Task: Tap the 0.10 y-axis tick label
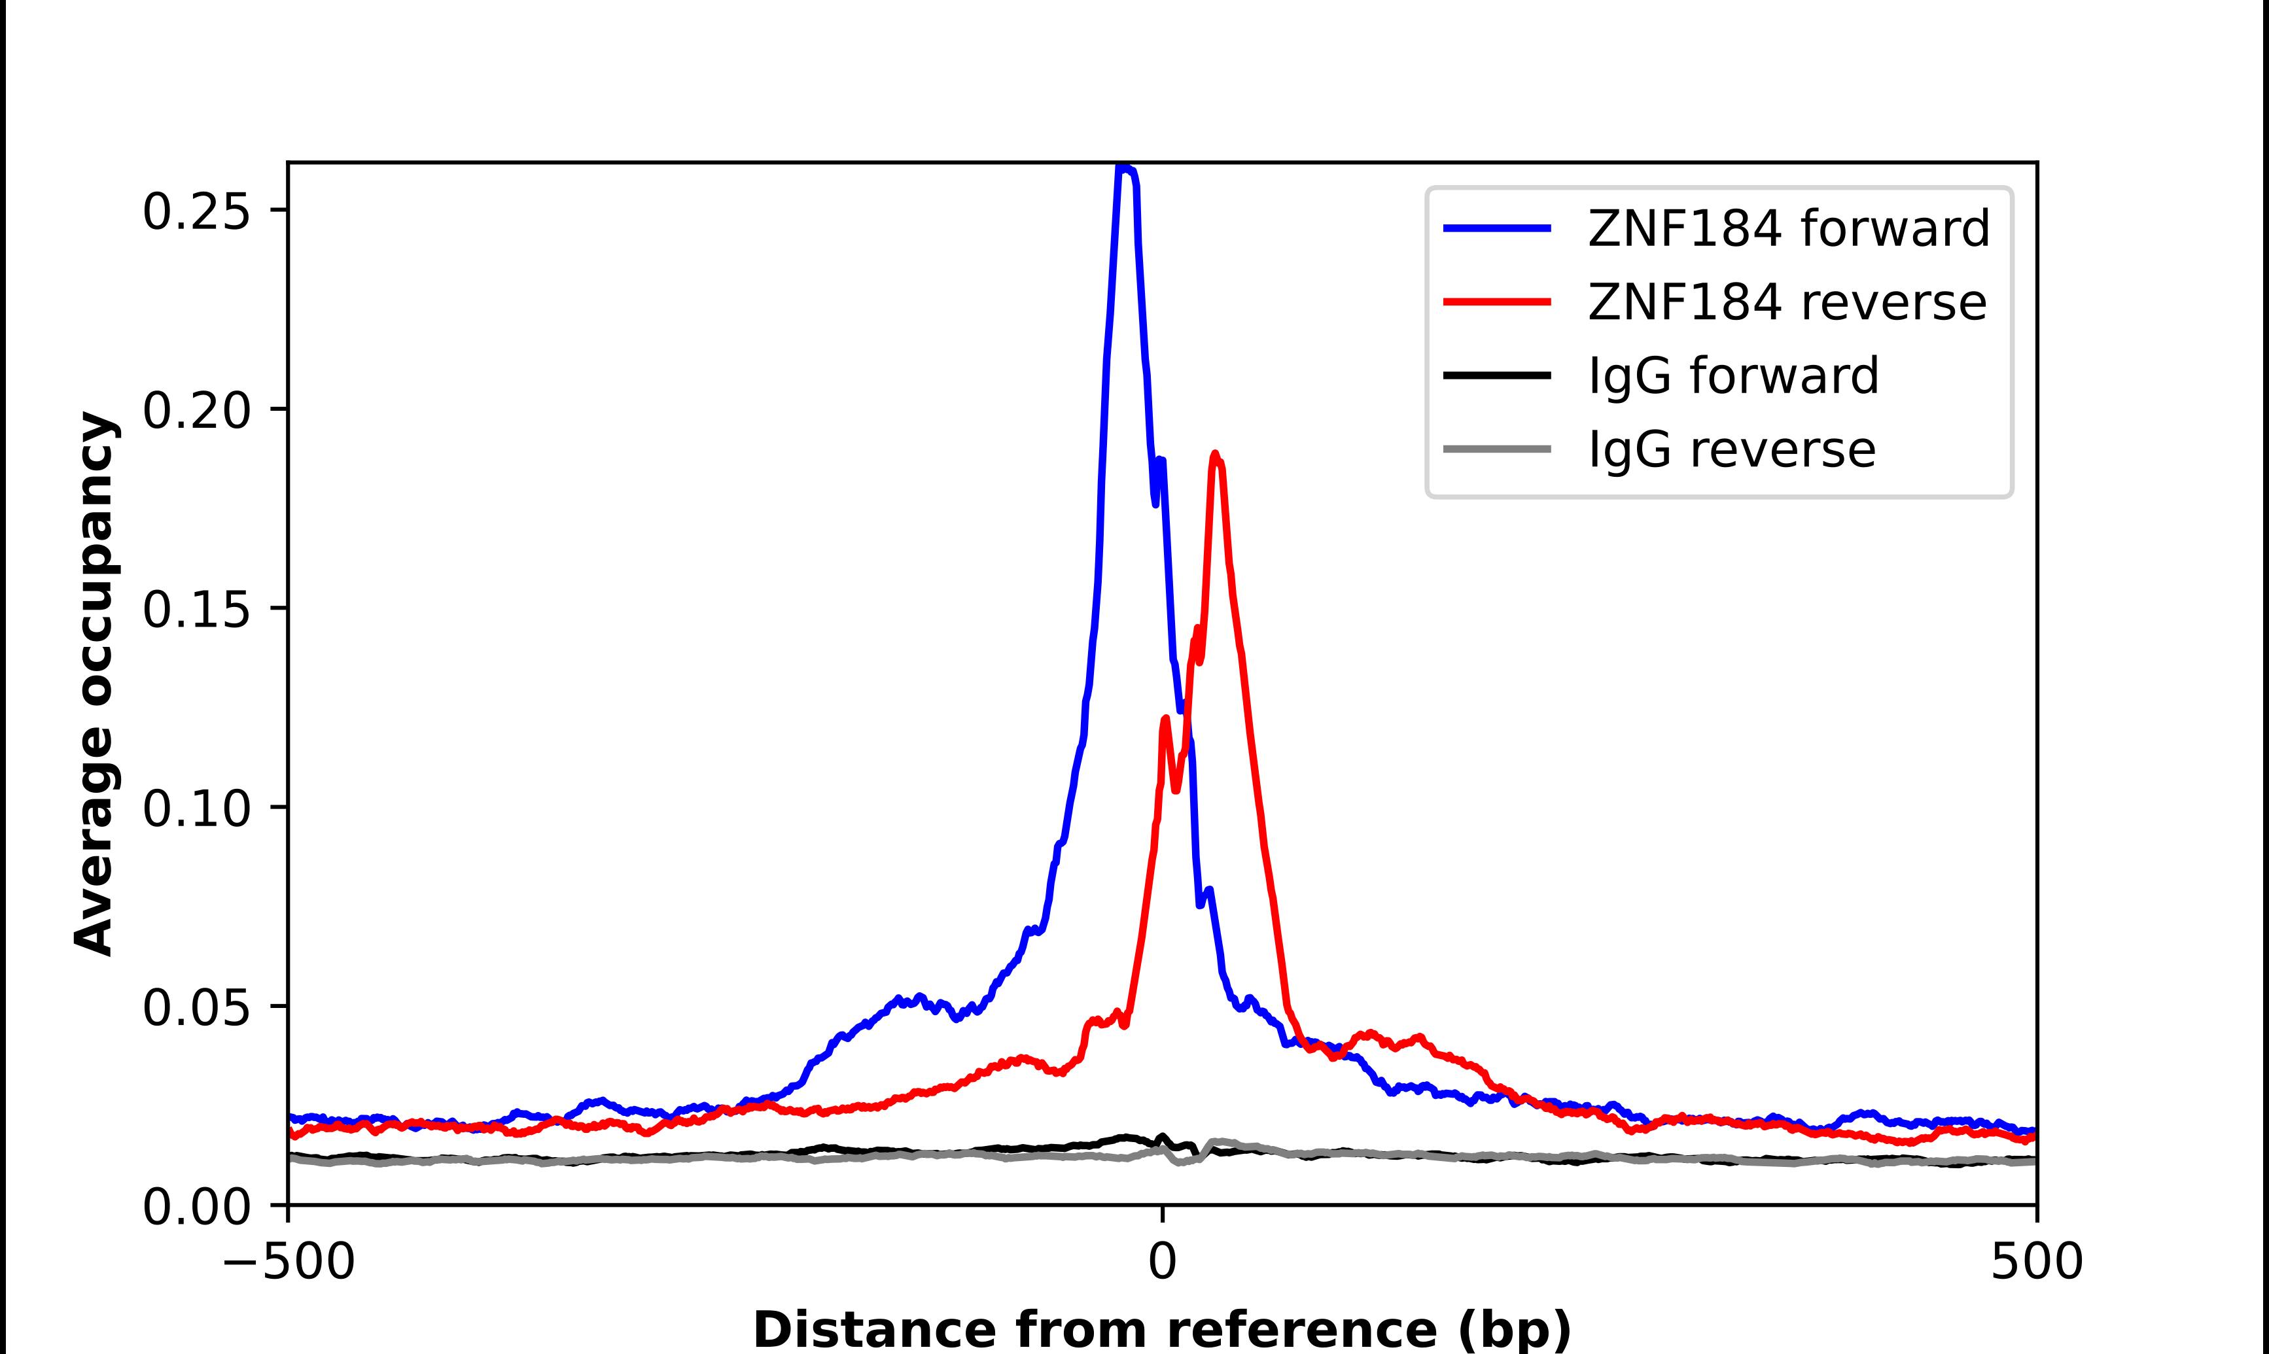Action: (x=196, y=808)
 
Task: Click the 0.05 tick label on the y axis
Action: (x=196, y=1008)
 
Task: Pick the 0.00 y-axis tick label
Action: (x=196, y=1207)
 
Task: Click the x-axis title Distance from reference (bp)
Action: (x=1161, y=1328)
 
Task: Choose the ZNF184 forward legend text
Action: (x=1788, y=228)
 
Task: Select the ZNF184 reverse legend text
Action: (x=1786, y=302)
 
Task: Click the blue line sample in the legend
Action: (x=1496, y=228)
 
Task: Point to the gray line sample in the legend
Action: (x=1496, y=449)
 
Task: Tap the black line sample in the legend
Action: (x=1496, y=375)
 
